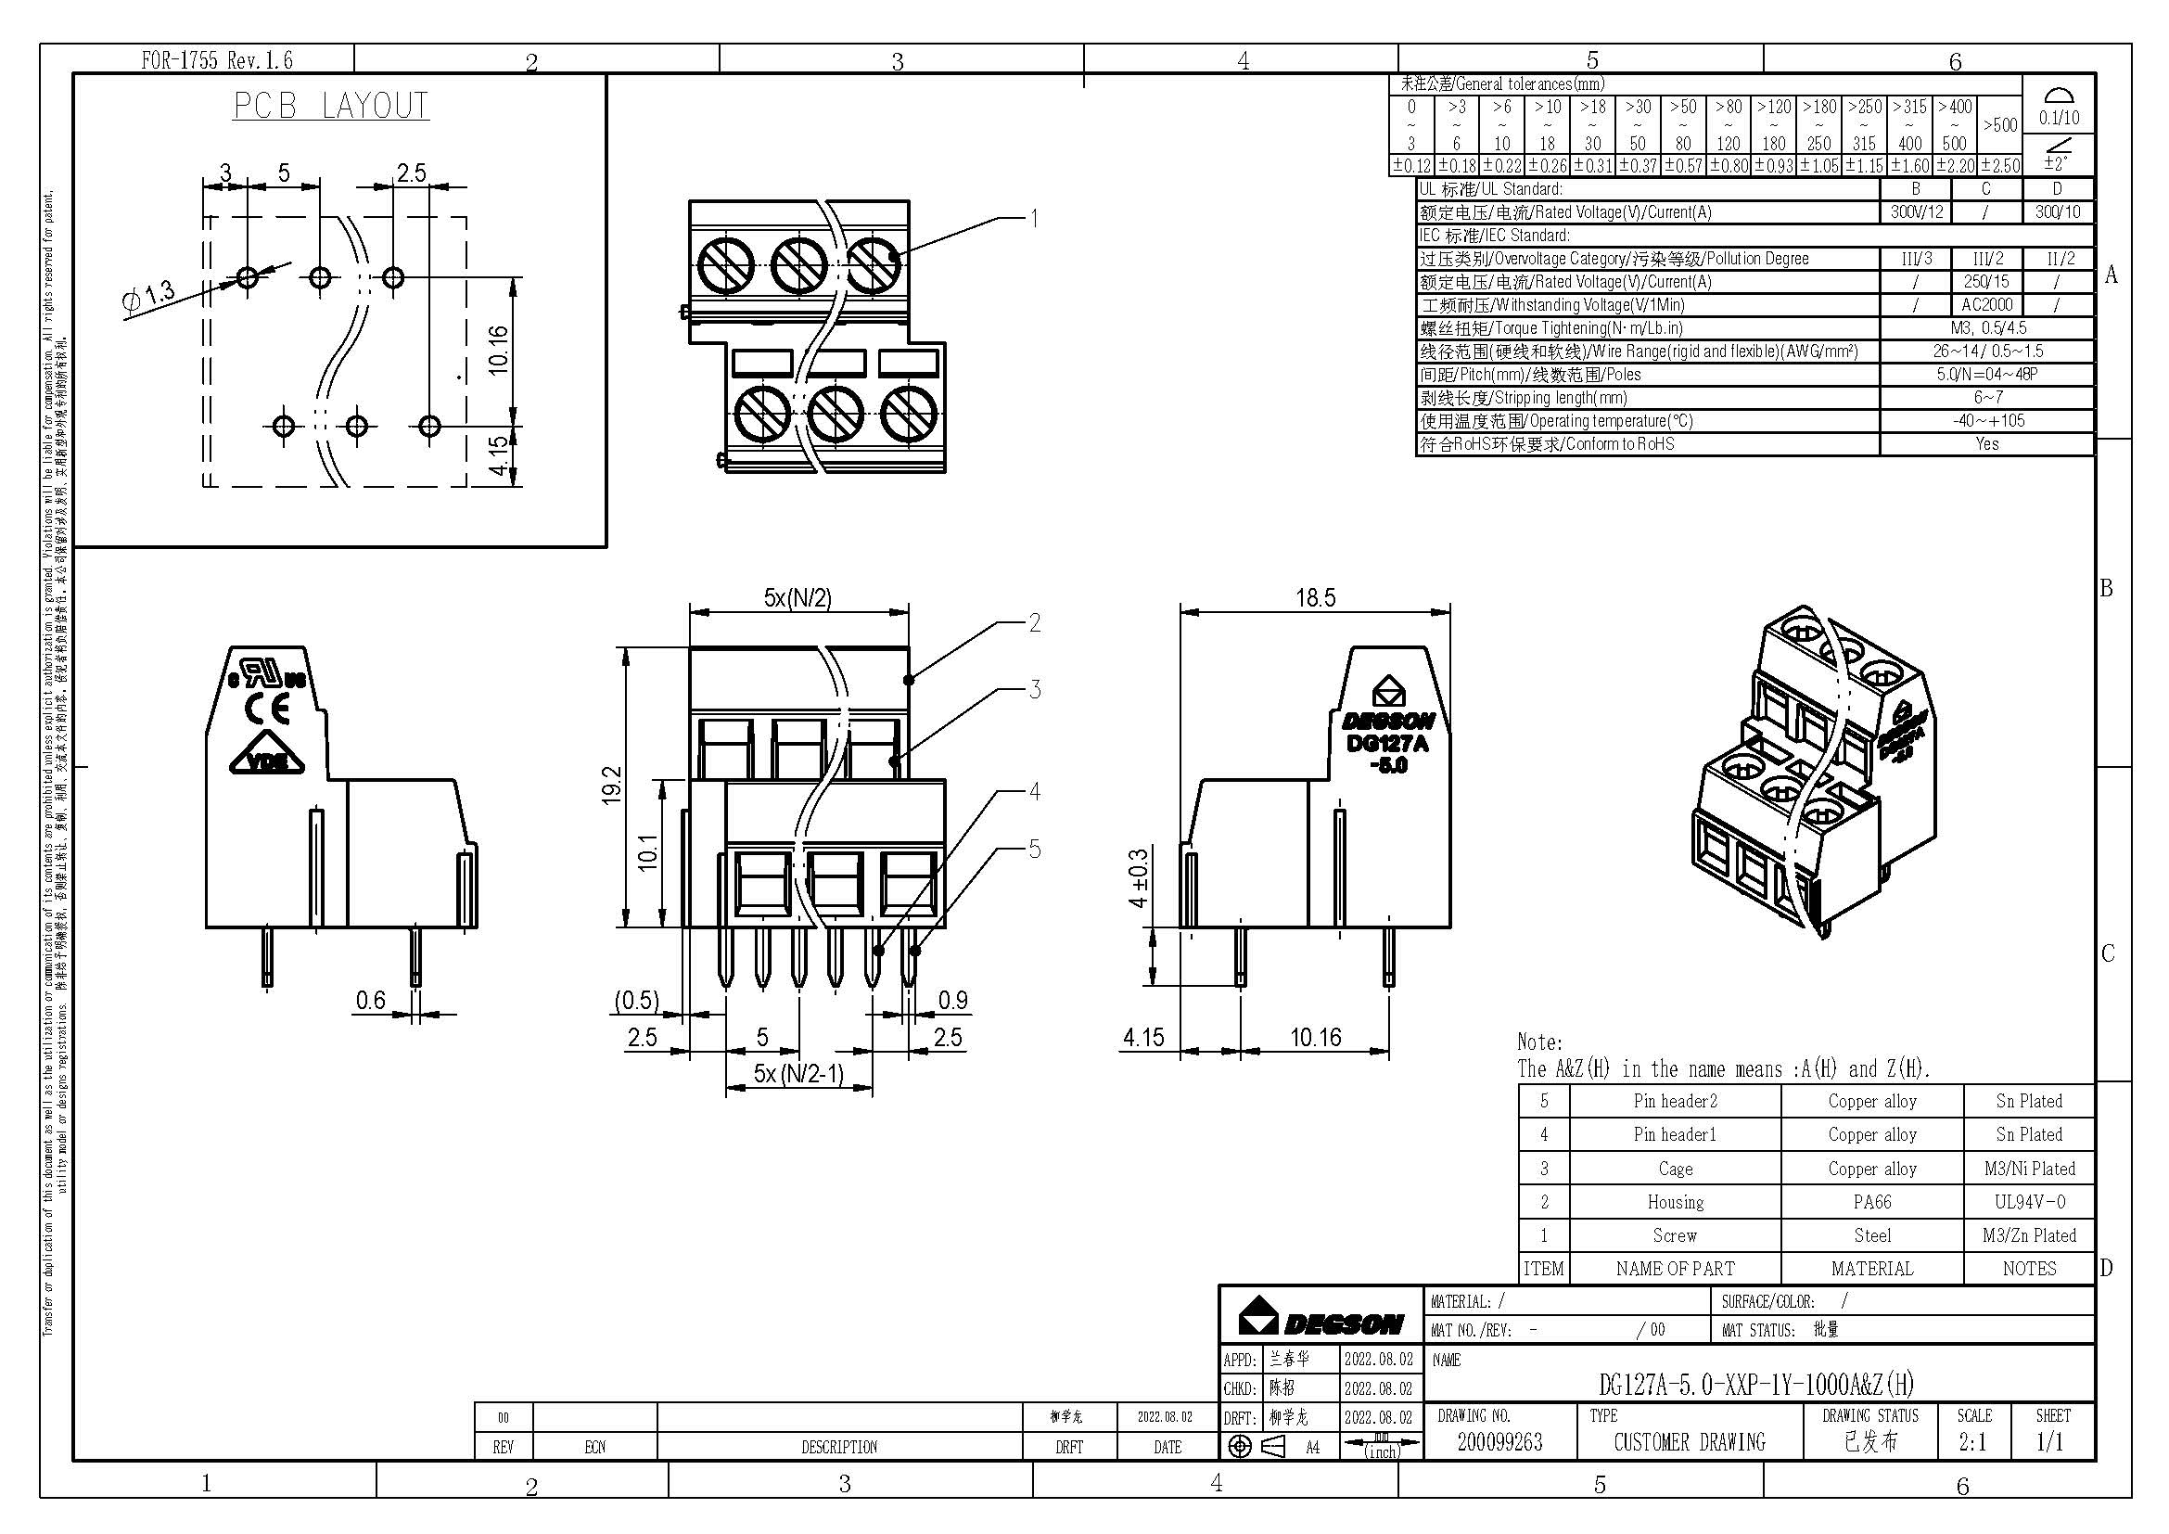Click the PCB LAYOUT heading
point(331,106)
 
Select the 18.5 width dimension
point(1315,597)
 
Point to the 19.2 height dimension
point(611,786)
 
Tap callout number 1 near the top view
point(1035,218)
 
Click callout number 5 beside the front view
point(1035,850)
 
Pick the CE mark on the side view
point(267,708)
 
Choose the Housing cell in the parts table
point(1675,1201)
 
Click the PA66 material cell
point(1871,1201)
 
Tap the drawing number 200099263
point(1499,1441)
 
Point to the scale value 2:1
point(1972,1441)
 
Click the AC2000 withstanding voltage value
point(1986,304)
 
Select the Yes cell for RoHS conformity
point(1986,444)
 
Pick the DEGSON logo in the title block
point(1321,1317)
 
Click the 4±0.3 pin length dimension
point(1140,877)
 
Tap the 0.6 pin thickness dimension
point(370,1000)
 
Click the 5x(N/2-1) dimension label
point(798,1073)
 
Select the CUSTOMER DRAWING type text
point(1689,1441)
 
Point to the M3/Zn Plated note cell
point(2029,1234)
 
